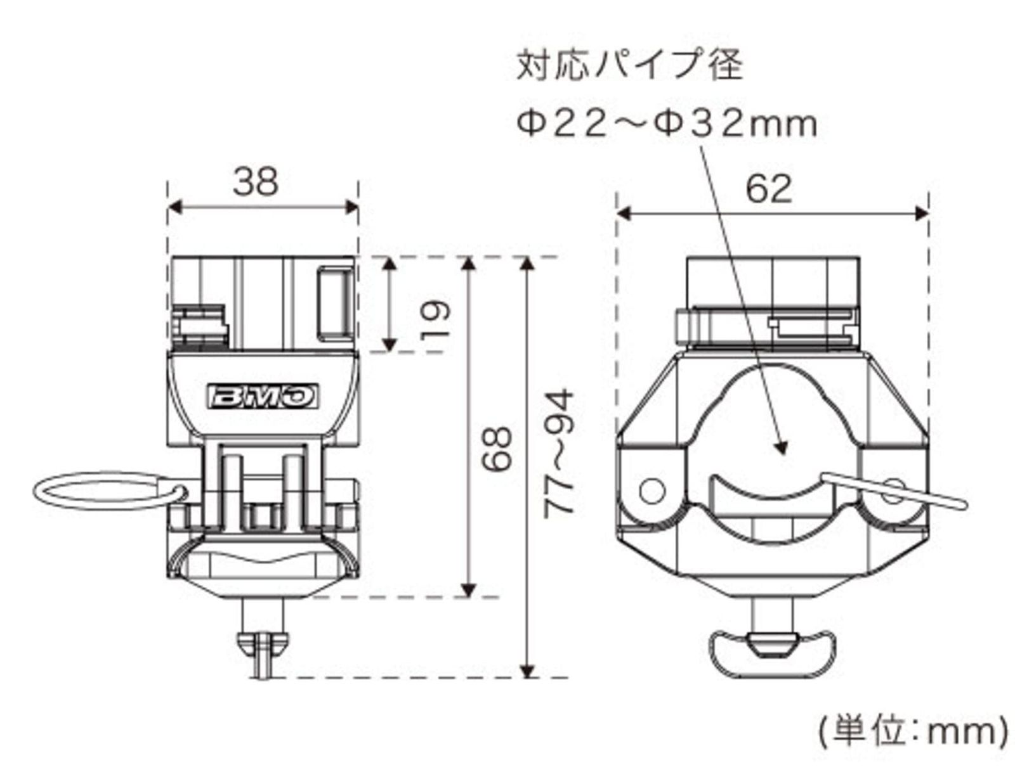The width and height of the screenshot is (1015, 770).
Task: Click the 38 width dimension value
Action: click(x=255, y=181)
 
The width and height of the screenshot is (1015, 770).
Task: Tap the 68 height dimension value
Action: click(x=497, y=449)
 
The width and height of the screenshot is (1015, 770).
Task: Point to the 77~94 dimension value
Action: click(x=561, y=452)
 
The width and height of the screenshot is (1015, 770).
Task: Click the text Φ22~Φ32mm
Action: click(x=666, y=124)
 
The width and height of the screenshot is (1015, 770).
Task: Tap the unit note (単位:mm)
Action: click(x=912, y=732)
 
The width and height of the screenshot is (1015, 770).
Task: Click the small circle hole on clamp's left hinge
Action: click(x=652, y=491)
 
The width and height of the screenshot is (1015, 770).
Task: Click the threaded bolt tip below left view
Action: click(x=261, y=656)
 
